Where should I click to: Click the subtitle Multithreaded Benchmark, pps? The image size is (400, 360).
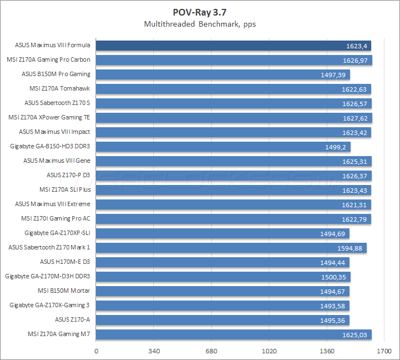point(199,24)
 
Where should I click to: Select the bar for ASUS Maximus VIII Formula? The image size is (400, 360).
point(233,46)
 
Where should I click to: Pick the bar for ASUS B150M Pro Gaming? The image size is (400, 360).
point(222,74)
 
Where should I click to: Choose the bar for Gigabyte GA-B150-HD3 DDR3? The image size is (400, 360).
point(222,147)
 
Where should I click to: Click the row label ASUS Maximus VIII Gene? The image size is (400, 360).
point(57,161)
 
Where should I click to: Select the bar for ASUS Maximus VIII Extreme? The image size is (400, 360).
point(233,204)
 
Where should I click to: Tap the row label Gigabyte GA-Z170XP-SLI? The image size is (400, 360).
point(57,233)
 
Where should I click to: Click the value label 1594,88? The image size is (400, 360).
point(351,248)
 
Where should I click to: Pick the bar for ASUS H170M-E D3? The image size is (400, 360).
point(222,262)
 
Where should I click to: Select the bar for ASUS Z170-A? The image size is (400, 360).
point(222,320)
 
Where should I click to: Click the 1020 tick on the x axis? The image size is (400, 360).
point(269,351)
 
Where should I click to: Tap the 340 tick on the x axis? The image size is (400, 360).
point(154,351)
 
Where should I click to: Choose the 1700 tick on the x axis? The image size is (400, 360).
point(384,351)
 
